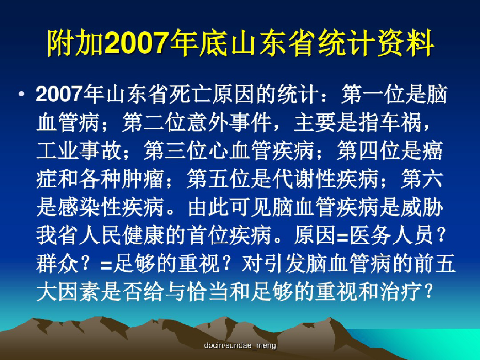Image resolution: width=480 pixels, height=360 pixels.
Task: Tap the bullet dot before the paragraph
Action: pos(22,94)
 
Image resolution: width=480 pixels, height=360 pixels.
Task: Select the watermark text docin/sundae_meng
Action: pos(240,345)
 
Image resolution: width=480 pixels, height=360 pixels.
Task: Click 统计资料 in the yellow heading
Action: pos(375,43)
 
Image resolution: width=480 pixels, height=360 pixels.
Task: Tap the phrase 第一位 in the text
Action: pos(373,95)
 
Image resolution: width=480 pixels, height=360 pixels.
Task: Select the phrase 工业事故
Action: pos(79,150)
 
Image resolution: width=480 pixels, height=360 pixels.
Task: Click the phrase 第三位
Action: pos(175,150)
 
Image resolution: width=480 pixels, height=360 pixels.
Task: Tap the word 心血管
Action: pos(239,150)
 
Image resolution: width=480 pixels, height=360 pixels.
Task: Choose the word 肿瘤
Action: pos(143,179)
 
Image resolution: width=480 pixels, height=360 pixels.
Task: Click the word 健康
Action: pos(143,235)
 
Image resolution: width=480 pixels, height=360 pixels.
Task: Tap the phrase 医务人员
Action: pos(391,235)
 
